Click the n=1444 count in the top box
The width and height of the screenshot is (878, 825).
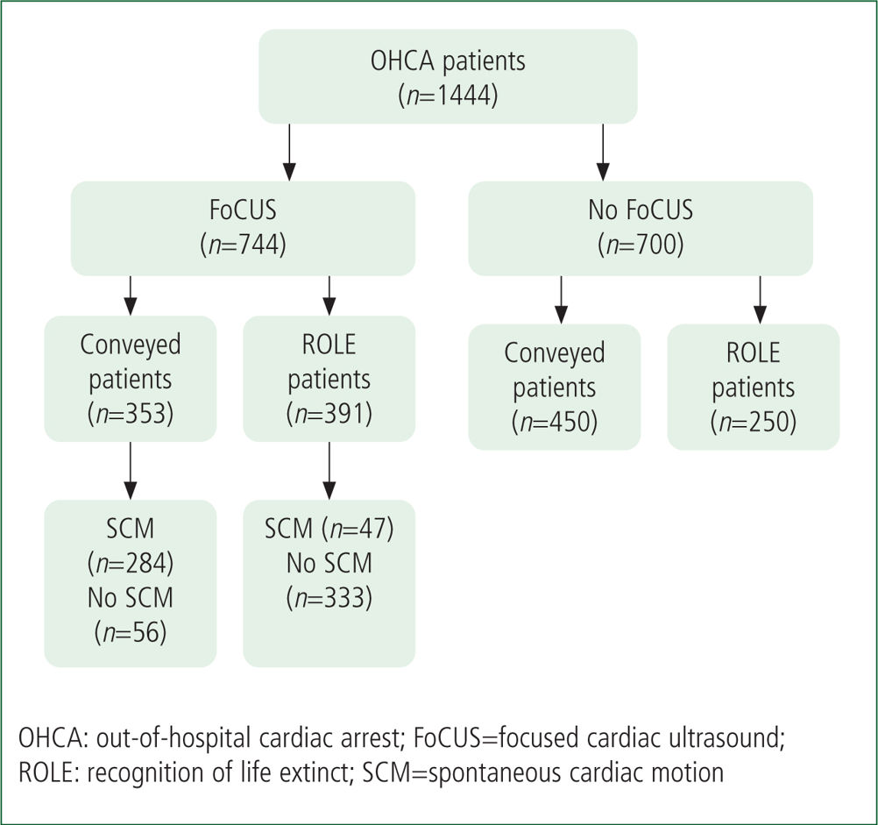448,96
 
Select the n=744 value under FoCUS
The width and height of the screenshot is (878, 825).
243,245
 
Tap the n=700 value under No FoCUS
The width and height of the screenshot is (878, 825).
641,245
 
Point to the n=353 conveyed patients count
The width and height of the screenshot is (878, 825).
131,414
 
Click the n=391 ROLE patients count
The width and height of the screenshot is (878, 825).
329,414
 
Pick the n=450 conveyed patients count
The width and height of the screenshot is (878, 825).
555,422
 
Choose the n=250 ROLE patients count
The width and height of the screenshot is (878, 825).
753,422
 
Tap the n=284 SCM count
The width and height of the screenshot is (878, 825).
131,563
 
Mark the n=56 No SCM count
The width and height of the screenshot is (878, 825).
131,632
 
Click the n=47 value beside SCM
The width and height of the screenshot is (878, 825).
358,529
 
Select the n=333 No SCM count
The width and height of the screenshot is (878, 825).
329,598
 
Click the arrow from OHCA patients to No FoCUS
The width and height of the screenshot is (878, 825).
603,153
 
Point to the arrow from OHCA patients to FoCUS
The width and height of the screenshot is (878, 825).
289,153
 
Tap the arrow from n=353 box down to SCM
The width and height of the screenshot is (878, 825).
131,471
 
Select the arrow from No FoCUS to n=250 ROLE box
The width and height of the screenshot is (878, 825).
760,300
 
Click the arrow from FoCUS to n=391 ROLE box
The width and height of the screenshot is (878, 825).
329,295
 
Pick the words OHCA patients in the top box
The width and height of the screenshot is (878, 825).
448,61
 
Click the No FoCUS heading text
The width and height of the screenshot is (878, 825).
641,210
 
